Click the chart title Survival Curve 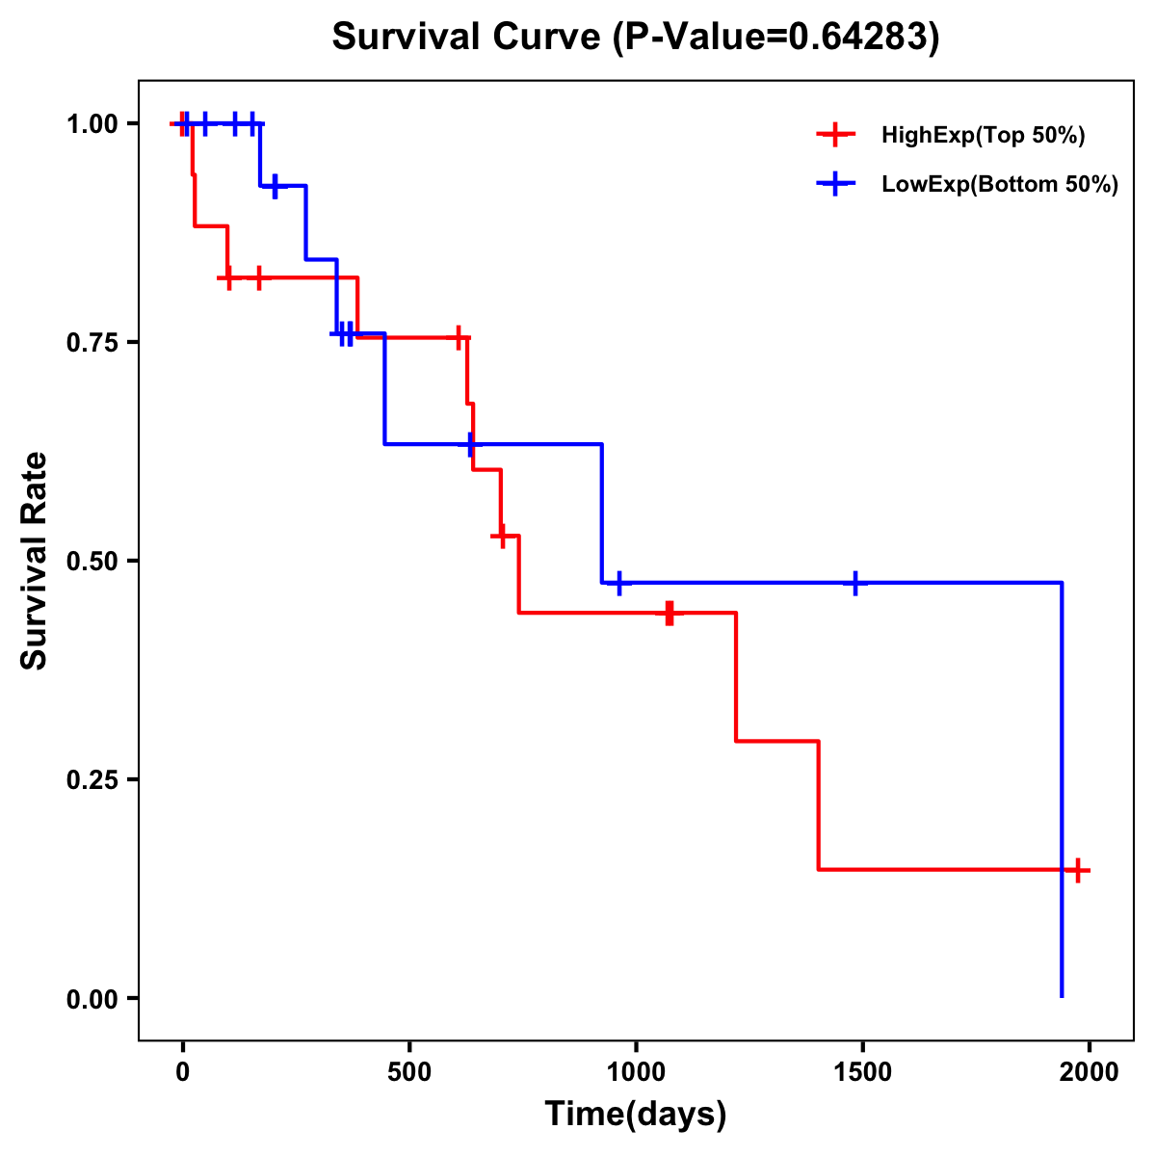coord(635,37)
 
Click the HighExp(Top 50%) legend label coord(984,135)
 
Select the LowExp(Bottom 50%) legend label coord(1000,185)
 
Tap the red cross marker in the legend coord(836,135)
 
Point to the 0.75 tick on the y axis coord(92,342)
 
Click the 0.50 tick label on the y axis coord(92,561)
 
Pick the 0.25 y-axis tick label coord(92,779)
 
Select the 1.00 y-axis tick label coord(92,124)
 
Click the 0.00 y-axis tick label coord(92,998)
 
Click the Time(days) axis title coord(636,1114)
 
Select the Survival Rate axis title coord(35,561)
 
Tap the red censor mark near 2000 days coord(1078,870)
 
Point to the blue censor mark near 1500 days coord(855,583)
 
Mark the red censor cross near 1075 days coord(670,613)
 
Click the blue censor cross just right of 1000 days coord(618,583)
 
